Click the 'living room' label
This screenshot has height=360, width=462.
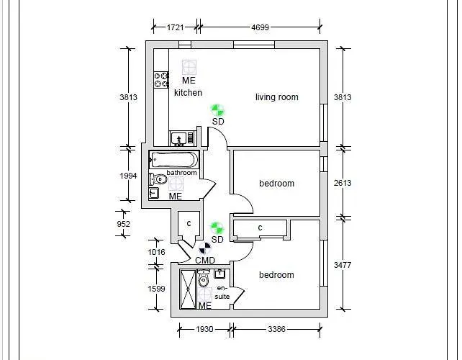click(x=276, y=97)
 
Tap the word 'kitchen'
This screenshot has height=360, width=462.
click(x=188, y=93)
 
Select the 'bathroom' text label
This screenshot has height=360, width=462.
click(x=181, y=173)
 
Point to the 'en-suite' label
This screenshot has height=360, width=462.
click(x=222, y=292)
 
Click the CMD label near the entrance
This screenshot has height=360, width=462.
click(x=205, y=261)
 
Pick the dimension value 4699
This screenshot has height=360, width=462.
click(x=260, y=28)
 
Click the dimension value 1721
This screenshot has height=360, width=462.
click(x=175, y=28)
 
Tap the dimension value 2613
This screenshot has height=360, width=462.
click(x=343, y=183)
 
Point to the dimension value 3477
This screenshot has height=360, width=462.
click(x=343, y=265)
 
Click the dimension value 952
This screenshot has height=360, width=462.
click(x=123, y=224)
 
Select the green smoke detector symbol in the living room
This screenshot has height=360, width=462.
click(x=217, y=109)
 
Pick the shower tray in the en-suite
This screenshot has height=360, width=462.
click(x=187, y=289)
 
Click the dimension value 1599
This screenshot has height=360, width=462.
click(x=156, y=289)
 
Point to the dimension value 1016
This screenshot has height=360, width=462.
click(x=156, y=252)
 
